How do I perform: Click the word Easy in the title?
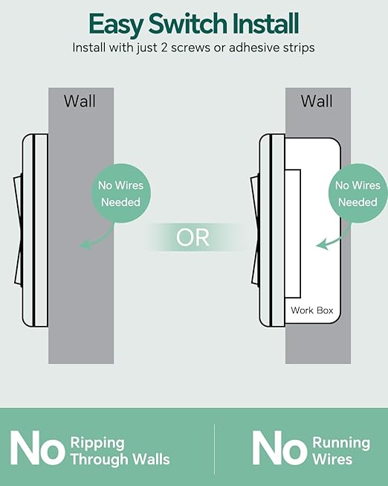[x=115, y=25]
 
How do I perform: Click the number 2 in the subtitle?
[x=164, y=48]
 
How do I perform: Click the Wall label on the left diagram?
[x=80, y=101]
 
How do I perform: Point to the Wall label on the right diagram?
[x=317, y=101]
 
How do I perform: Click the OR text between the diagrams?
[x=193, y=237]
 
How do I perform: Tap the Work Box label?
[x=312, y=310]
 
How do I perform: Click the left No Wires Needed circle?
[x=120, y=193]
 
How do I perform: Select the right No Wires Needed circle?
[x=358, y=193]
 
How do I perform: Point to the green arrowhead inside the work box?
[x=322, y=245]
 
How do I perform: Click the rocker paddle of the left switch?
[x=18, y=230]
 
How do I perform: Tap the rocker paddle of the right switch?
[x=255, y=230]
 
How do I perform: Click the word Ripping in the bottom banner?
[x=97, y=444]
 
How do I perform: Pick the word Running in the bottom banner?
[x=341, y=444]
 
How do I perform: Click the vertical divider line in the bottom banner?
[x=214, y=449]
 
